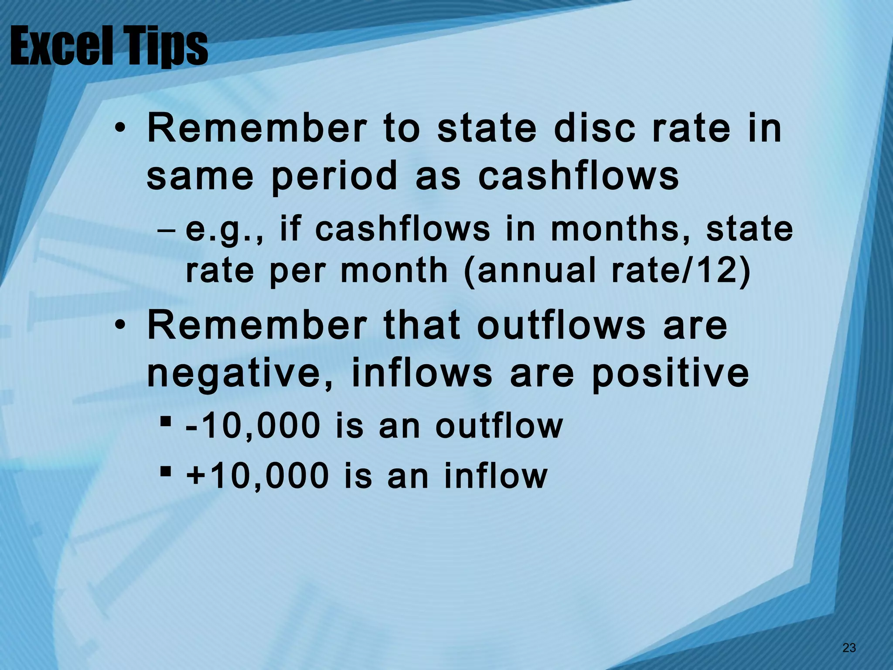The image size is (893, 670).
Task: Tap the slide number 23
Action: (849, 648)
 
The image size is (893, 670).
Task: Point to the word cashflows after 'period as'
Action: (579, 177)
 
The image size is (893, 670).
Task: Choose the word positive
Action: (670, 374)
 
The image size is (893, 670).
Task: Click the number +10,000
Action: (258, 476)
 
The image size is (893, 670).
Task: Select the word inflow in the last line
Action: (495, 476)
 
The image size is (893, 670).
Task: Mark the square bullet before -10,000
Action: (165, 422)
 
